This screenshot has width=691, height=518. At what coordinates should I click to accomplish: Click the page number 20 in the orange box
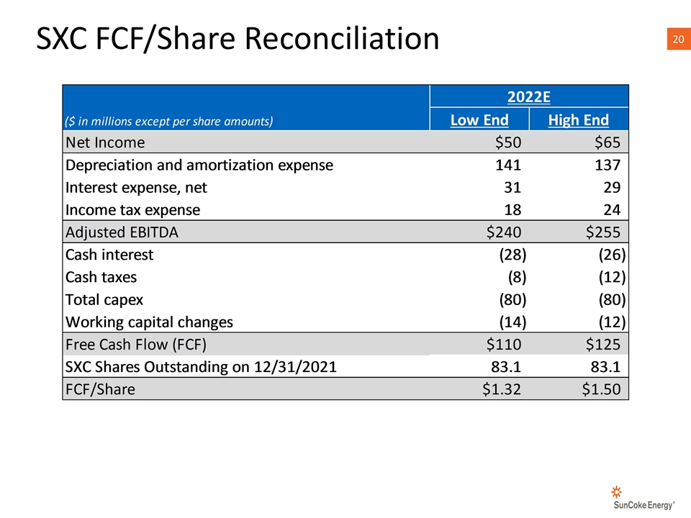point(678,39)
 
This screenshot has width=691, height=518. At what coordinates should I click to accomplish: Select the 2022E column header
point(529,97)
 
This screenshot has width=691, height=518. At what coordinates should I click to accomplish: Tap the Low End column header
point(479,120)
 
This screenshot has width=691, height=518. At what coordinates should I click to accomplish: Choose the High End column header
point(579,120)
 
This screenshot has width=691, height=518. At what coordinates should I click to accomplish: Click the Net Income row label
point(105,142)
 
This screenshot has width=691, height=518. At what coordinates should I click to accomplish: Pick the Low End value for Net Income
point(508,142)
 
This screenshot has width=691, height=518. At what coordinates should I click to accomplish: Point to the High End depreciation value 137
point(608,165)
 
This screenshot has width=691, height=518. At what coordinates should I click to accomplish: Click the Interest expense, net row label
point(136,188)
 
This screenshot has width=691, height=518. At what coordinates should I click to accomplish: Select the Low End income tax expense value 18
point(512,209)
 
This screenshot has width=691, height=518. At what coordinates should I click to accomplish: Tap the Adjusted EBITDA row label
point(122,232)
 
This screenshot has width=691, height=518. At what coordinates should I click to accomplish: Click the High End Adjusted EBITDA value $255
point(603,232)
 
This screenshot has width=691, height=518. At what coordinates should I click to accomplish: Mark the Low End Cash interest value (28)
point(512,255)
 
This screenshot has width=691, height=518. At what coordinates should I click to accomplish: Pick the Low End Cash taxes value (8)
point(518,277)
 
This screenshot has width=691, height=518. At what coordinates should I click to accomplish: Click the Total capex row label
point(104,300)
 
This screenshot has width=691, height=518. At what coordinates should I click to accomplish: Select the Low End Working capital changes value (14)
point(512,322)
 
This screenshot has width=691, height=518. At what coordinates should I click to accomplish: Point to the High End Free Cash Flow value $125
point(603,344)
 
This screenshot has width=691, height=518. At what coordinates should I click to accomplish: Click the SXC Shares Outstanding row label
point(201,367)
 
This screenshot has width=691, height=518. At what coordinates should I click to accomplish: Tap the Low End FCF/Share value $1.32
point(502,389)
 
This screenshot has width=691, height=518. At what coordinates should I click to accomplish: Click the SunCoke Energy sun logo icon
point(617,491)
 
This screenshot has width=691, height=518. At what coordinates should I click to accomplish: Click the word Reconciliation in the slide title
point(342,38)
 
